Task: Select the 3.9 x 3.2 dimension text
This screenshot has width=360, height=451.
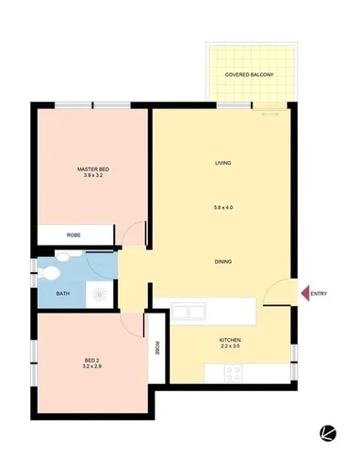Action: (x=93, y=176)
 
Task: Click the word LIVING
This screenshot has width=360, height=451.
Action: (x=223, y=163)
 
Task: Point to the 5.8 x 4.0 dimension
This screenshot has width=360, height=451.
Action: (x=223, y=208)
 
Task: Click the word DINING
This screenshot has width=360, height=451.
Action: (x=223, y=261)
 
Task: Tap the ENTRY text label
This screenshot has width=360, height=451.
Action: (x=318, y=294)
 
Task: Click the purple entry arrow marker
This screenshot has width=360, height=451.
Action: (x=303, y=294)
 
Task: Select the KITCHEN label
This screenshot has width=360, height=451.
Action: (x=231, y=339)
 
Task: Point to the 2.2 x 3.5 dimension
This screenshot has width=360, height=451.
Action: (x=231, y=347)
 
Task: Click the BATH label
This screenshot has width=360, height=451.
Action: (x=62, y=294)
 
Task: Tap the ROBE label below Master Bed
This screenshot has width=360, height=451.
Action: (x=73, y=234)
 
